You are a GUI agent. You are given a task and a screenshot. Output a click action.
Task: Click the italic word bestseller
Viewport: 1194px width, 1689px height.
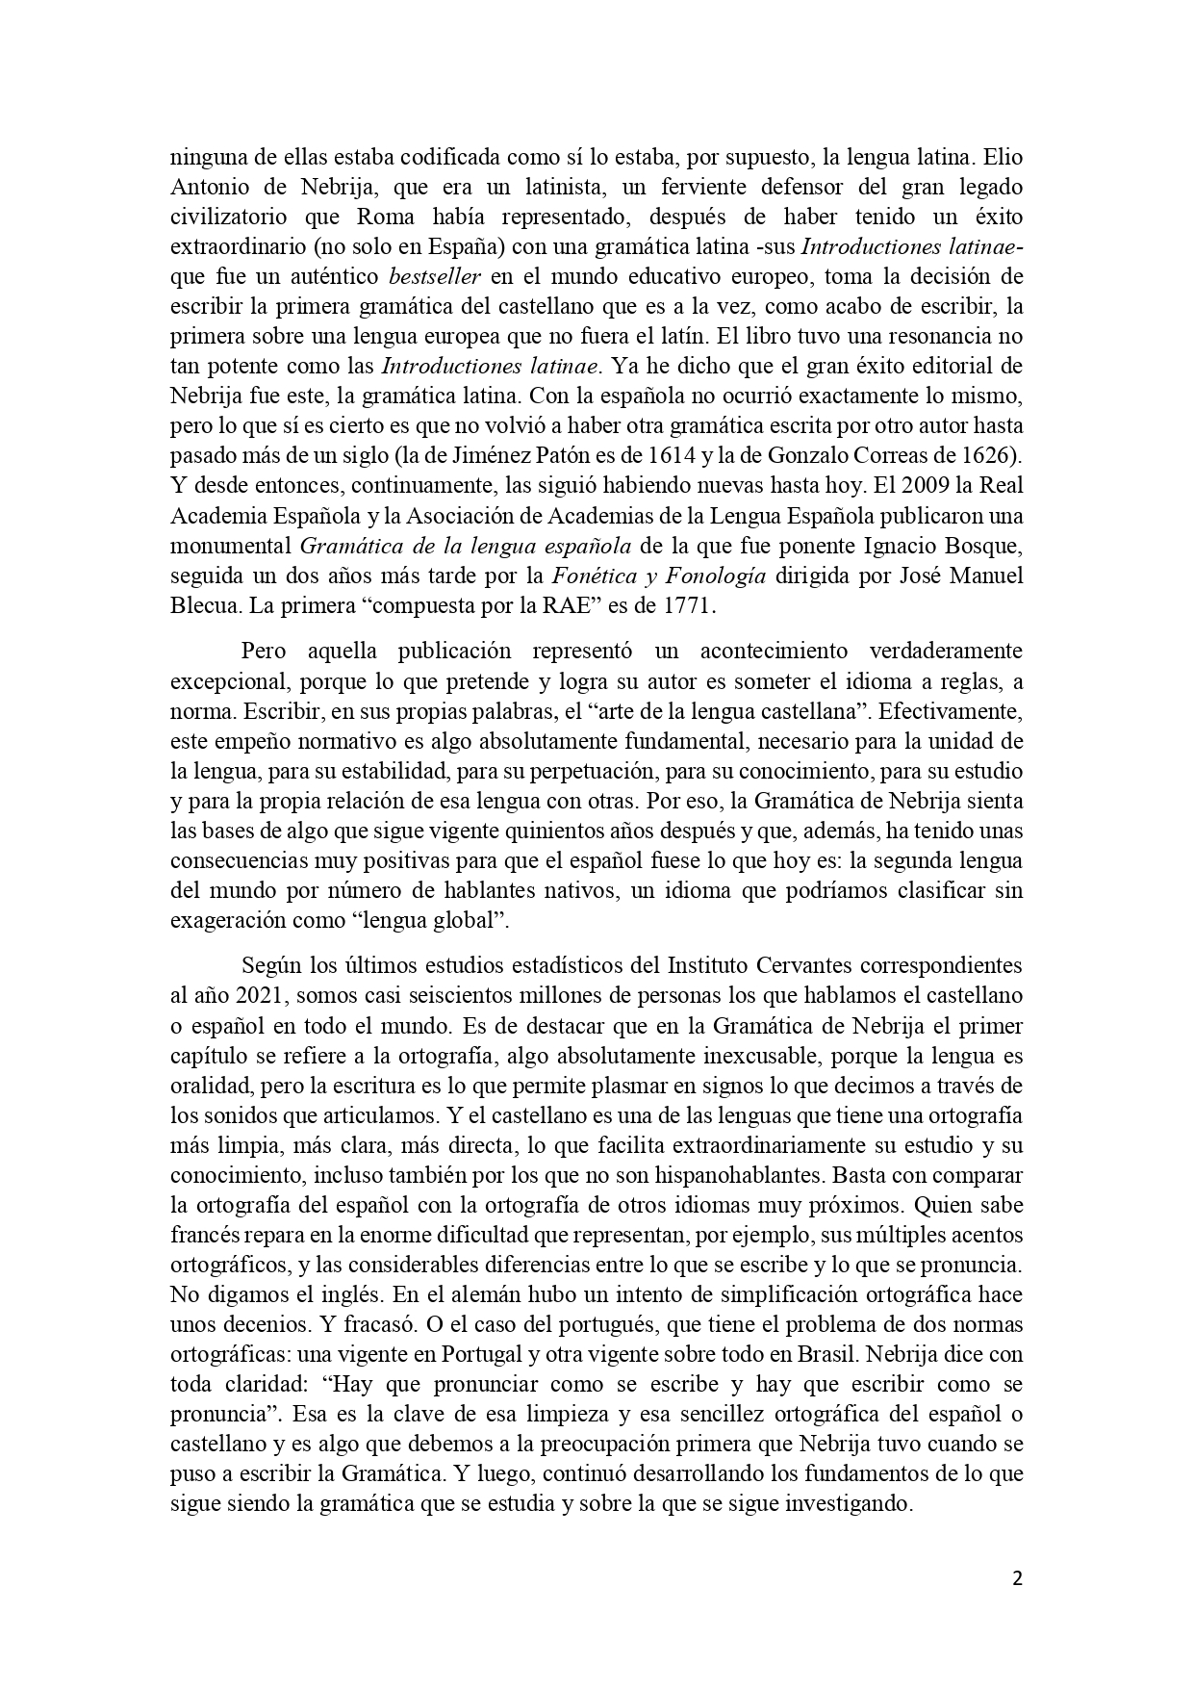click(433, 277)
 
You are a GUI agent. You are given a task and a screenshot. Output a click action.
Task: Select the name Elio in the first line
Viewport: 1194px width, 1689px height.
click(1000, 157)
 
